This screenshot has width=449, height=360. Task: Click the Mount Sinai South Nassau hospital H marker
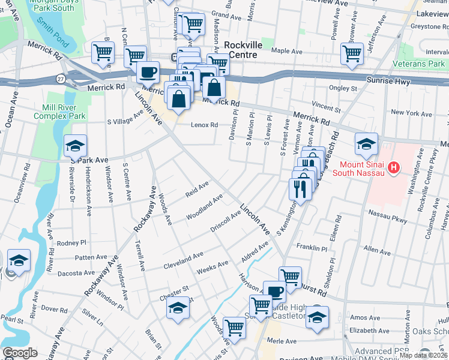394,167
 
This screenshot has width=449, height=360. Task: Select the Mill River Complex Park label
60,112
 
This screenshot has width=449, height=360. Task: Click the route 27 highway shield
61,78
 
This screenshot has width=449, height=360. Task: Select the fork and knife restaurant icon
298,188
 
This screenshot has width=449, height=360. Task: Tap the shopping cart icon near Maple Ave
352,53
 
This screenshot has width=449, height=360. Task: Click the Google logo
20,353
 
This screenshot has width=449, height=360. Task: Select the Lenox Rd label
204,125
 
